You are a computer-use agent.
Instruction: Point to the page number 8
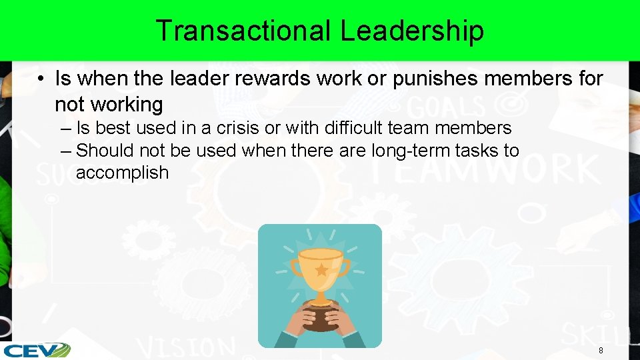[601, 351]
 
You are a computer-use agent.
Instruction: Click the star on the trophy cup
[321, 270]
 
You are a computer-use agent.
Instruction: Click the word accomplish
[122, 173]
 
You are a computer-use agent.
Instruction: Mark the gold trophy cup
[320, 271]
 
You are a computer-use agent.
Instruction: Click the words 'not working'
[109, 105]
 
